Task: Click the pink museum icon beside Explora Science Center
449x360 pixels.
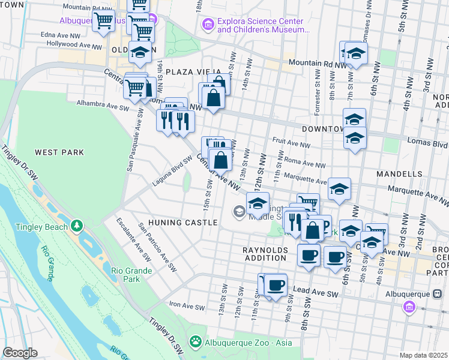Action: tap(208, 24)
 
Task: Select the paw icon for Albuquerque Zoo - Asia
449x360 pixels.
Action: tap(196, 342)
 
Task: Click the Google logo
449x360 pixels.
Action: tap(20, 353)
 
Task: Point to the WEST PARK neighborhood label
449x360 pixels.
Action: tap(59, 152)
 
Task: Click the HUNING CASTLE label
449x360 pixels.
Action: tap(188, 223)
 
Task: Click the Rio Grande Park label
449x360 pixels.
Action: tap(133, 274)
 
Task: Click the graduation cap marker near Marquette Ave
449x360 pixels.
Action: tap(339, 190)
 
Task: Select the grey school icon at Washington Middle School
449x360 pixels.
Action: tap(239, 210)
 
